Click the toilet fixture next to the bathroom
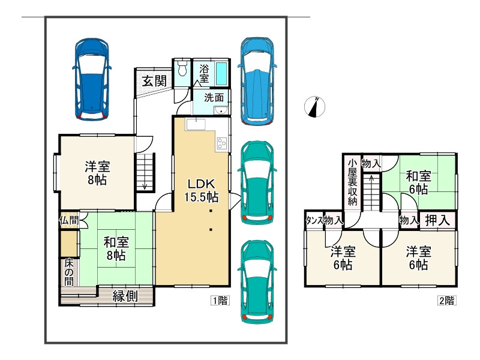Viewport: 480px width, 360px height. coord(182,68)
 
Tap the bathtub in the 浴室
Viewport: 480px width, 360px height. coord(221,73)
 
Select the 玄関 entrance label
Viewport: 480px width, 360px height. coord(154,81)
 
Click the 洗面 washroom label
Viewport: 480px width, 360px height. coord(214,98)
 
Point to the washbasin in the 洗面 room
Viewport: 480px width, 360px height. coord(221,110)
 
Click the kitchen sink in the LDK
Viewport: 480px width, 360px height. coord(196,125)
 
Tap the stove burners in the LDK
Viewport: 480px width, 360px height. coord(222,143)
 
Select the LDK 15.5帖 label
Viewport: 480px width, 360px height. coord(201,190)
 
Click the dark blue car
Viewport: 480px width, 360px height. coord(92,79)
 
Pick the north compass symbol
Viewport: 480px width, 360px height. coord(314,107)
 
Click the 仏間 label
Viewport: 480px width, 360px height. coord(69,220)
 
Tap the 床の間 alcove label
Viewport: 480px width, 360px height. coord(69,272)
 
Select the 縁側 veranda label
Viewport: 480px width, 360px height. coord(125,296)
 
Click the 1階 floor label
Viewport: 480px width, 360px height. coord(220,301)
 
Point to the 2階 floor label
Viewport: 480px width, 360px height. coord(446,301)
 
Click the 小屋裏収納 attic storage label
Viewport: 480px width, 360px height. coord(352,182)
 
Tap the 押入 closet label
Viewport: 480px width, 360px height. coord(437,220)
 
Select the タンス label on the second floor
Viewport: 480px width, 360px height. coord(314,220)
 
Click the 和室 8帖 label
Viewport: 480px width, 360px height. coord(116,248)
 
